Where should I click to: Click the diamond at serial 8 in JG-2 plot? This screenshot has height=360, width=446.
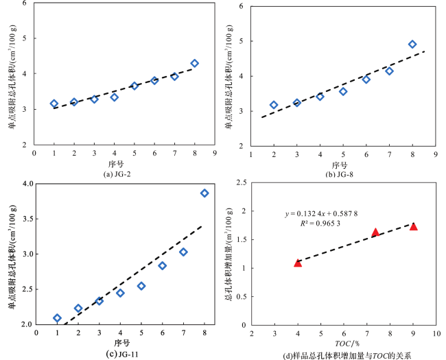[x=195, y=63]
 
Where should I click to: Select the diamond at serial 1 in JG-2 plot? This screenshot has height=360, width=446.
[x=54, y=104]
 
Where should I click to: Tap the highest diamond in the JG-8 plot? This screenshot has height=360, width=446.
[x=412, y=45]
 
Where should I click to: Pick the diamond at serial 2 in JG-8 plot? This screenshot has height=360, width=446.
[x=274, y=105]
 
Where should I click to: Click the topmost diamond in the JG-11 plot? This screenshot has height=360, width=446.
[x=204, y=193]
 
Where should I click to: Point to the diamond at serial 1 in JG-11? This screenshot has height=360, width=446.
[x=58, y=318]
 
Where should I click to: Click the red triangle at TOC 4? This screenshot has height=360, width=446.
[x=298, y=263]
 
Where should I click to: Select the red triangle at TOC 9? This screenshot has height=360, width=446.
[x=413, y=226]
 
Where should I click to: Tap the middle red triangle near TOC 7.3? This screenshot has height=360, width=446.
[x=375, y=232]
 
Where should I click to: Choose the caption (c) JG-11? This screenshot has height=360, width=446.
[x=124, y=354]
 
